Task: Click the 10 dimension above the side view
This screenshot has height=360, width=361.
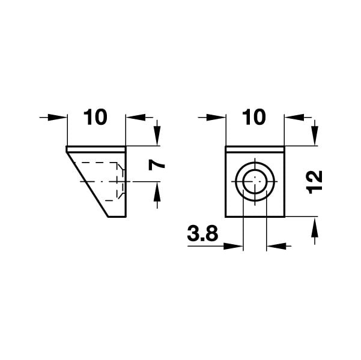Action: coord(96,118)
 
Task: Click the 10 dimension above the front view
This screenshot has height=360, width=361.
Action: coord(254,118)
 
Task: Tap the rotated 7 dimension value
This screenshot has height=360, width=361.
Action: coord(157,165)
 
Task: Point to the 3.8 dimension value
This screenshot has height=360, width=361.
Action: coord(202,233)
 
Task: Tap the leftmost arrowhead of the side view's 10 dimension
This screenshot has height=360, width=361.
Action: coord(57,118)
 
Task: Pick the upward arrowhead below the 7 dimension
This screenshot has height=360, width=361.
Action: coord(157,191)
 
